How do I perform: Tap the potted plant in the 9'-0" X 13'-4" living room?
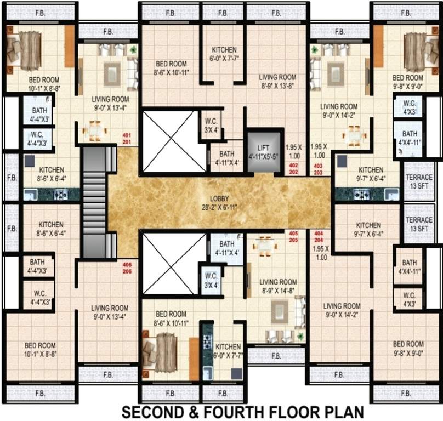pyautogui.click(x=133, y=49)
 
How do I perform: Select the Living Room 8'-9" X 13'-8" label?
pyautogui.click(x=278, y=81)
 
